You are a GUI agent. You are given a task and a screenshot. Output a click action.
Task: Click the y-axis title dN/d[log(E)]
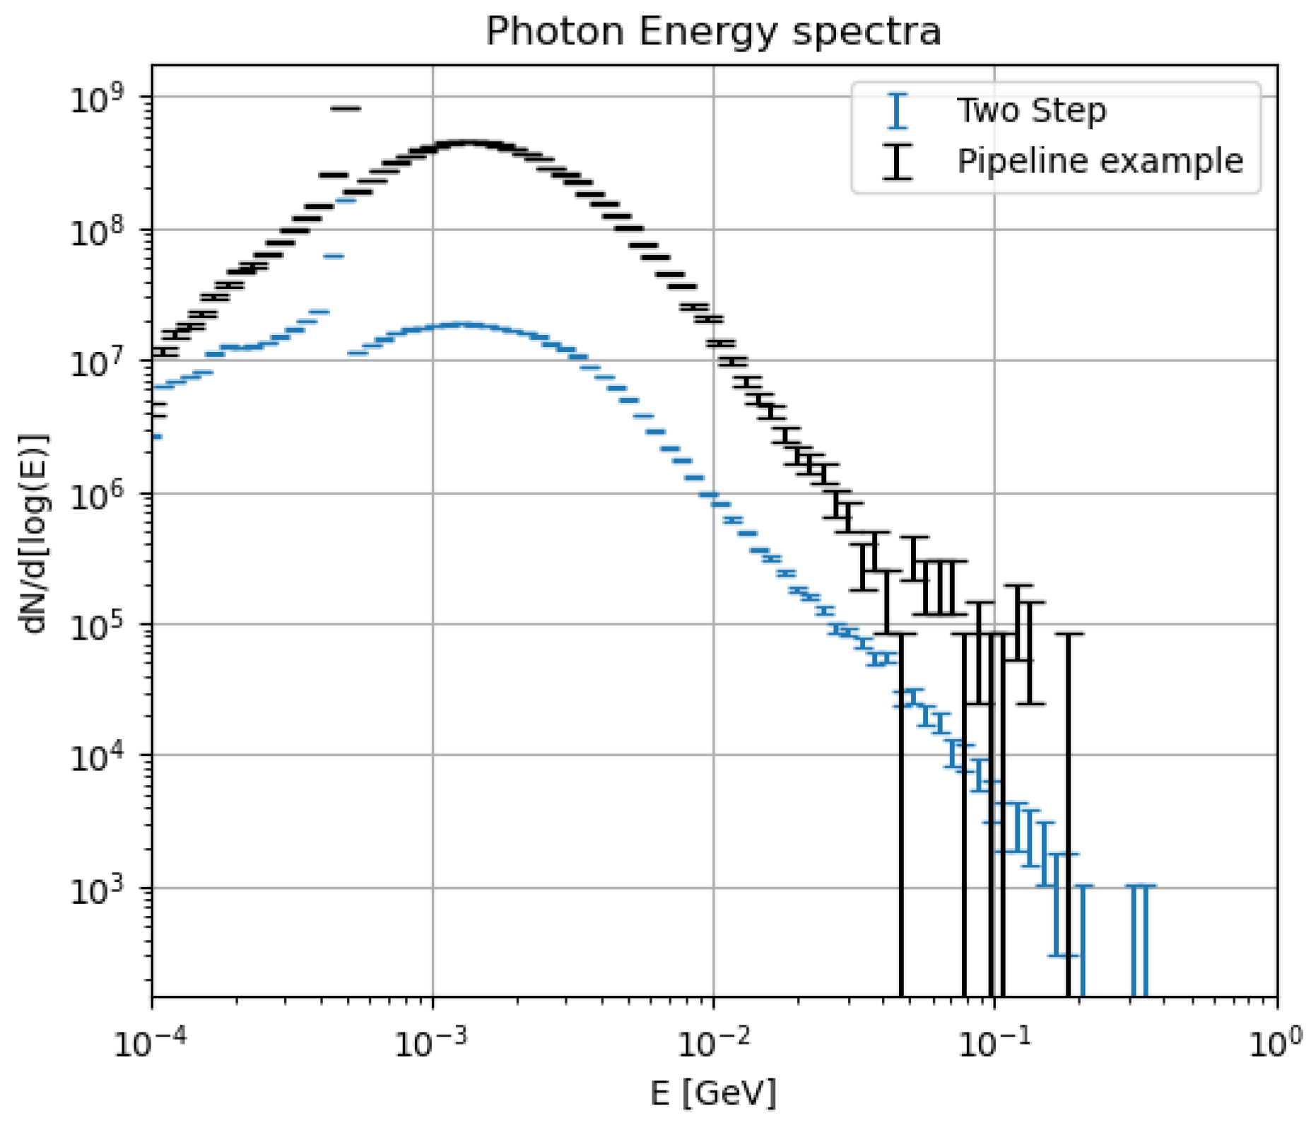[34, 534]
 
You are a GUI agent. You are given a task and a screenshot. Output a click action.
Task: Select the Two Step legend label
[1030, 111]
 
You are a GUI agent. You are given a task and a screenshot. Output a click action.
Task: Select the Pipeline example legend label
[1099, 161]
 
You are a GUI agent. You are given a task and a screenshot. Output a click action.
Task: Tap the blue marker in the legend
[897, 111]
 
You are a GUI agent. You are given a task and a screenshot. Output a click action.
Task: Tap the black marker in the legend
[897, 161]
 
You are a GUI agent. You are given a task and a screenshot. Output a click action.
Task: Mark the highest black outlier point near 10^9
[346, 108]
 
